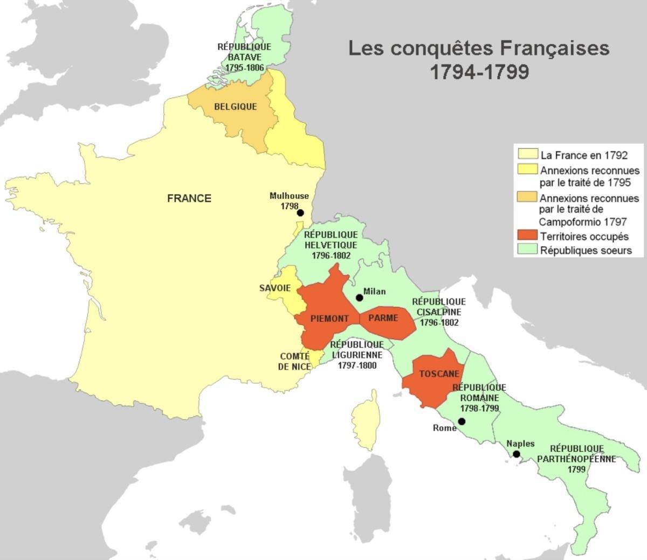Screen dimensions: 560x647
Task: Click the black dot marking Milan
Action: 359,298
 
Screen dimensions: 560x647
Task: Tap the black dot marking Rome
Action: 462,421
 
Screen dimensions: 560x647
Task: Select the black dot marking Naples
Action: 516,454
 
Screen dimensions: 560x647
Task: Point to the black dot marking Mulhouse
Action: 300,213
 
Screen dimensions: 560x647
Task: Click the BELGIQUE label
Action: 236,107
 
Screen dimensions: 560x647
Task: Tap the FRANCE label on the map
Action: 189,198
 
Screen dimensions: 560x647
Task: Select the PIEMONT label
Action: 329,319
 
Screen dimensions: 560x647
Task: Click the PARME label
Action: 383,318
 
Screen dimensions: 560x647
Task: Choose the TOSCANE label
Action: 439,374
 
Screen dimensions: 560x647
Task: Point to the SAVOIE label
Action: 275,288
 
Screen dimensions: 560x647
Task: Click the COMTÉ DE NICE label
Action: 295,362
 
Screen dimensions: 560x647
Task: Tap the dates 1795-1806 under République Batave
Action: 245,68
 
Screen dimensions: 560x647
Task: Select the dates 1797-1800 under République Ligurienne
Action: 357,365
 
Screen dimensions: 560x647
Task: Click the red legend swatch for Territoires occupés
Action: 527,236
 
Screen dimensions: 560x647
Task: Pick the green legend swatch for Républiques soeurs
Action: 527,250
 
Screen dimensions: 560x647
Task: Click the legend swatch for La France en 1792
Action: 527,155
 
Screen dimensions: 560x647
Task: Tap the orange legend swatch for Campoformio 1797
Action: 527,198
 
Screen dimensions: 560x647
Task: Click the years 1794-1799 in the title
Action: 479,72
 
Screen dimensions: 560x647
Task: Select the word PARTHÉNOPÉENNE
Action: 576,459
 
